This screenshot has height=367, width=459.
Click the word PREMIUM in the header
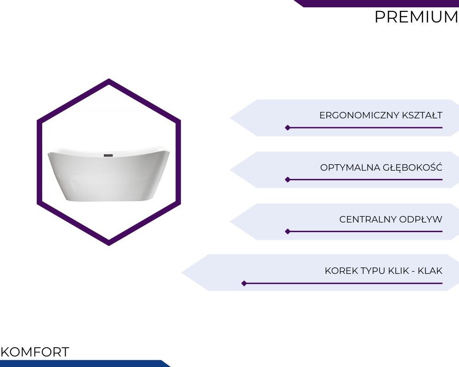click(416, 17)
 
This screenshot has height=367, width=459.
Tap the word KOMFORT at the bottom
click(35, 352)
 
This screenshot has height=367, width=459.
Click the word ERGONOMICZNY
click(359, 115)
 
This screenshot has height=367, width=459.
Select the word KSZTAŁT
click(422, 115)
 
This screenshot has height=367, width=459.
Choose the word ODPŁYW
click(420, 219)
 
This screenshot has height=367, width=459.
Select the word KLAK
click(430, 271)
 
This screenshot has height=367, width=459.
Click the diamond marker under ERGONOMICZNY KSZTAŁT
click(288, 128)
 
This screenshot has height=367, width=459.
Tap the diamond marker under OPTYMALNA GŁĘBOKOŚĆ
click(288, 179)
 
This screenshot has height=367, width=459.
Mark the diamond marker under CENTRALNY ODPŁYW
click(288, 232)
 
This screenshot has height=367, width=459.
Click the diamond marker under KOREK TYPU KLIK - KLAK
click(244, 284)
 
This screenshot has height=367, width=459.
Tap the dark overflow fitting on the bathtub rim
click(108, 155)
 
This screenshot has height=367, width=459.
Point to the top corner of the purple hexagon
click(109, 79)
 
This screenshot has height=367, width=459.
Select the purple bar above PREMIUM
click(378, 3)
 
